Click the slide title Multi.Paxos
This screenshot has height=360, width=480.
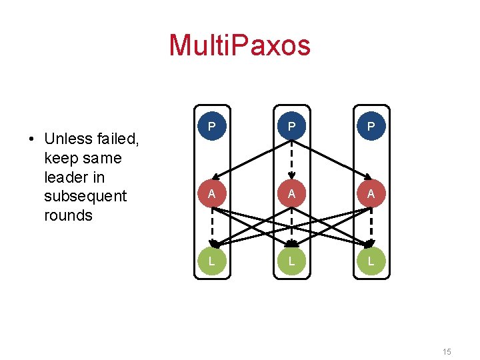point(240,45)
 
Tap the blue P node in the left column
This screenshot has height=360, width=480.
point(211,127)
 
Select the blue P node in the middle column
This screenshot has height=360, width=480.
point(291,127)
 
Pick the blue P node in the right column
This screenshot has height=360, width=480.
point(371,127)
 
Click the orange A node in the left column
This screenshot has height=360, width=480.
point(211,194)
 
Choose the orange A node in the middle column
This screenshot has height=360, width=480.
point(291,194)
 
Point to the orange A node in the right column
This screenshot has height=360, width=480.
point(371,194)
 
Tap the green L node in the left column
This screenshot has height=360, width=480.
point(211,261)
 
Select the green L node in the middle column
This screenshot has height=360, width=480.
point(291,261)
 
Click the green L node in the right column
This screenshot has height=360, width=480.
point(371,261)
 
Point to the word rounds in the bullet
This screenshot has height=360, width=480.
point(67,215)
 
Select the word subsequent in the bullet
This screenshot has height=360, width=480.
point(85,196)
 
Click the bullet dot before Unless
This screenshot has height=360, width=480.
point(31,139)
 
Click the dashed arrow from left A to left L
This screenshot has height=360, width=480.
point(211,227)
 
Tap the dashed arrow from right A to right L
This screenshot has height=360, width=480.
point(371,227)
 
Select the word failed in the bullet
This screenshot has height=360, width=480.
point(119,139)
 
